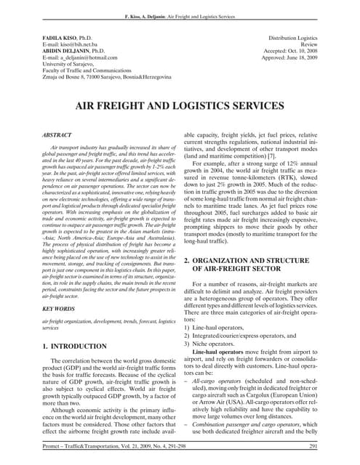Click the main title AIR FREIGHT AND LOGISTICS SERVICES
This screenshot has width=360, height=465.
tap(180, 106)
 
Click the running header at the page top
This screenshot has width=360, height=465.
tap(180, 15)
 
